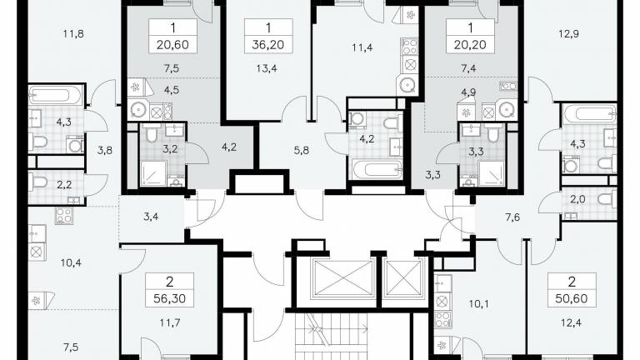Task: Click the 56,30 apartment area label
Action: point(170,298)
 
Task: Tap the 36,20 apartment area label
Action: point(268,44)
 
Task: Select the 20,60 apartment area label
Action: point(172,44)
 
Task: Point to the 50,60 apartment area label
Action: point(572,298)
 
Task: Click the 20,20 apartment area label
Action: point(470,44)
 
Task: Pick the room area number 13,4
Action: point(267,68)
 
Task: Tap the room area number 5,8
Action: point(301,151)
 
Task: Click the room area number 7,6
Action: point(512,217)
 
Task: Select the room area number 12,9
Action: point(568,34)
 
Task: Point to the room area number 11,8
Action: point(73,34)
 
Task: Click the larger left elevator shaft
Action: point(342,278)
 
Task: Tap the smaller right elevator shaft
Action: point(404,278)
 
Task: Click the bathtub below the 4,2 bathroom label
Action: point(377,169)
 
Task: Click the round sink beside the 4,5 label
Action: point(139,110)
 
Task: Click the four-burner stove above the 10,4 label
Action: point(64,215)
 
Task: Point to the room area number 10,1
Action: point(479,304)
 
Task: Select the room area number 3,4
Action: point(151,217)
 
